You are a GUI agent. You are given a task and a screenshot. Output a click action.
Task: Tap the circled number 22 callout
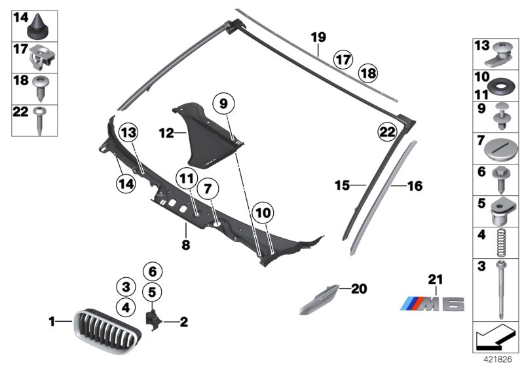point(387,132)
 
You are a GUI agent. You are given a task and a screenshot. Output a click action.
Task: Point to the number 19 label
point(318,37)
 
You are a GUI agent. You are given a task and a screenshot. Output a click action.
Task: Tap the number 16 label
point(415,187)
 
